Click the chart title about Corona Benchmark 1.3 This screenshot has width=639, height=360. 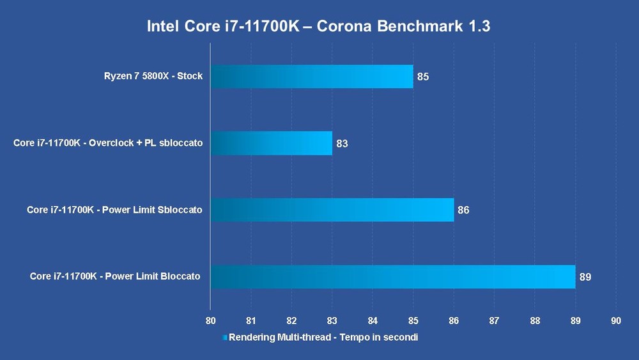(x=319, y=26)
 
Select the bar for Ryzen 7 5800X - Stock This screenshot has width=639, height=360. (x=312, y=76)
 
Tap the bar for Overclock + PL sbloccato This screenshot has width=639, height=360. (x=272, y=143)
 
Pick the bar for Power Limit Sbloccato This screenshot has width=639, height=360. (x=332, y=210)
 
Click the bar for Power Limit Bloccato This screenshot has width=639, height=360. (x=393, y=276)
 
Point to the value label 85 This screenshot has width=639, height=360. (x=423, y=77)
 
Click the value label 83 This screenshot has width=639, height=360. (x=342, y=143)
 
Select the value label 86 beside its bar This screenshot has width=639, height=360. (x=463, y=210)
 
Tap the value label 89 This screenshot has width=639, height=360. (x=585, y=277)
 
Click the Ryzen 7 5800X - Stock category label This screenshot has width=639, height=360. (x=153, y=76)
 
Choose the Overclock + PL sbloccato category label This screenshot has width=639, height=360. (x=108, y=143)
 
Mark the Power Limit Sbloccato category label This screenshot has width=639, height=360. (x=114, y=210)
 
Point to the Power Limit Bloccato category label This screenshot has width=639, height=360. (x=115, y=276)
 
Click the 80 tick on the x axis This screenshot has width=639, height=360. (x=211, y=320)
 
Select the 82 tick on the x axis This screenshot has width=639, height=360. (x=291, y=320)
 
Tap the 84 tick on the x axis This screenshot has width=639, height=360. (x=373, y=320)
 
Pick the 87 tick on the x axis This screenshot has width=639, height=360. (x=494, y=320)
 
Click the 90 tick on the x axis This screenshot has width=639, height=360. (x=616, y=320)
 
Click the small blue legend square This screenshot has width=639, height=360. (x=224, y=337)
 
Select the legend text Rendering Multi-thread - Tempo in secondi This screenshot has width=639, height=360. (x=323, y=337)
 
